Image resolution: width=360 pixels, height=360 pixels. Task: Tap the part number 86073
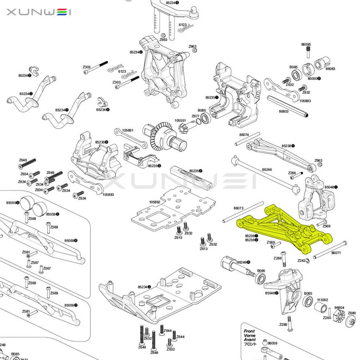[238, 208]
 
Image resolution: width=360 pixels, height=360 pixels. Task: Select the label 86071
[336, 253]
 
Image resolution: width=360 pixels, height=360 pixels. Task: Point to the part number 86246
[267, 169]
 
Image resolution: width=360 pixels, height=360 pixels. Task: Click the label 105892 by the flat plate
[154, 202]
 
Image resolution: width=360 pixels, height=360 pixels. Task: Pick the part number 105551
[180, 120]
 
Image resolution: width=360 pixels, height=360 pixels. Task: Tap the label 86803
[284, 111]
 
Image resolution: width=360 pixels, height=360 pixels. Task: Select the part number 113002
[322, 300]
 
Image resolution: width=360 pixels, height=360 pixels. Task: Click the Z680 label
[352, 313]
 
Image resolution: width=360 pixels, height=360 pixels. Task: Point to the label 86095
[306, 44]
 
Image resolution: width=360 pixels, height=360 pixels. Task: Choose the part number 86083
[330, 69]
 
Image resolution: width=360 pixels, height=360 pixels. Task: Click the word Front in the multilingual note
[249, 331]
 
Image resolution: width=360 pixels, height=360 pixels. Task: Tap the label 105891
[128, 130]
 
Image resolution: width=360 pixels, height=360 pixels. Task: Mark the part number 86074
[244, 134]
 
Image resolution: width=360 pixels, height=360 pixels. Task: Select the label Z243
[301, 260]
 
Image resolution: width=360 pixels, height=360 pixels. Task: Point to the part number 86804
[339, 307]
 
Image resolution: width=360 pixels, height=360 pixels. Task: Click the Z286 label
[292, 173]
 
